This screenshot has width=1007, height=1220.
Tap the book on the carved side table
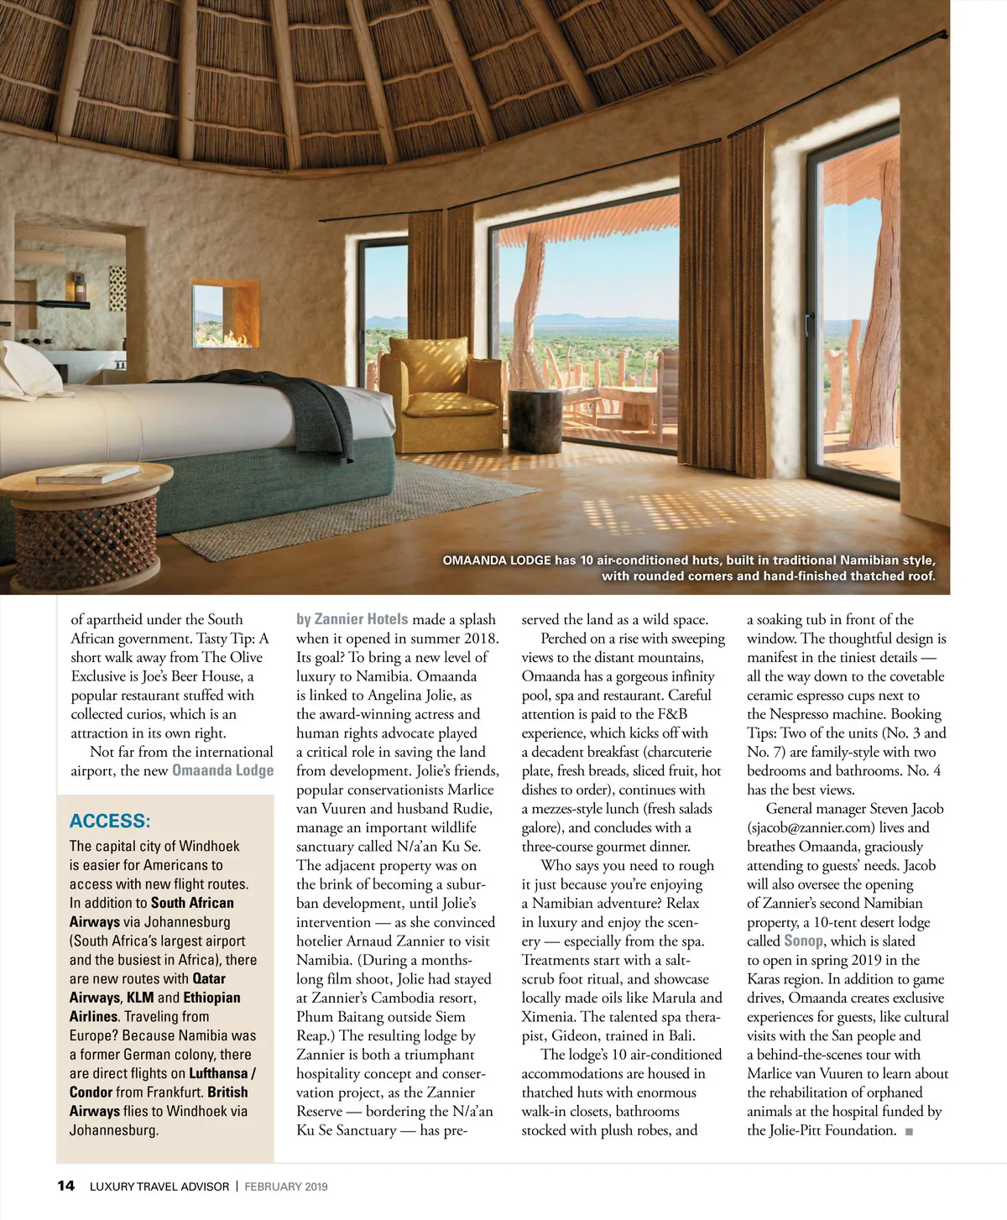tap(88, 474)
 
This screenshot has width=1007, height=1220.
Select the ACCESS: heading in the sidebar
tap(110, 821)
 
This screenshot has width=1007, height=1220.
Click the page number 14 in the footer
tap(65, 1186)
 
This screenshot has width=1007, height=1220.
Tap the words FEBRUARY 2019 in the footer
tap(286, 1186)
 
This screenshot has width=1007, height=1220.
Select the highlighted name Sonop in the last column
tap(804, 941)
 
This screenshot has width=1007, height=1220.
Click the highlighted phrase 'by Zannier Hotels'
tap(352, 619)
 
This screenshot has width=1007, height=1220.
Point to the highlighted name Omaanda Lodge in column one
tap(222, 770)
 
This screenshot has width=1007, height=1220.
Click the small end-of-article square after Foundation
tap(910, 1131)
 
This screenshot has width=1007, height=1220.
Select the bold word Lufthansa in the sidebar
tap(218, 1073)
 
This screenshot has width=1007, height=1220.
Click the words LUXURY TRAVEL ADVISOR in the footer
tap(159, 1186)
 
